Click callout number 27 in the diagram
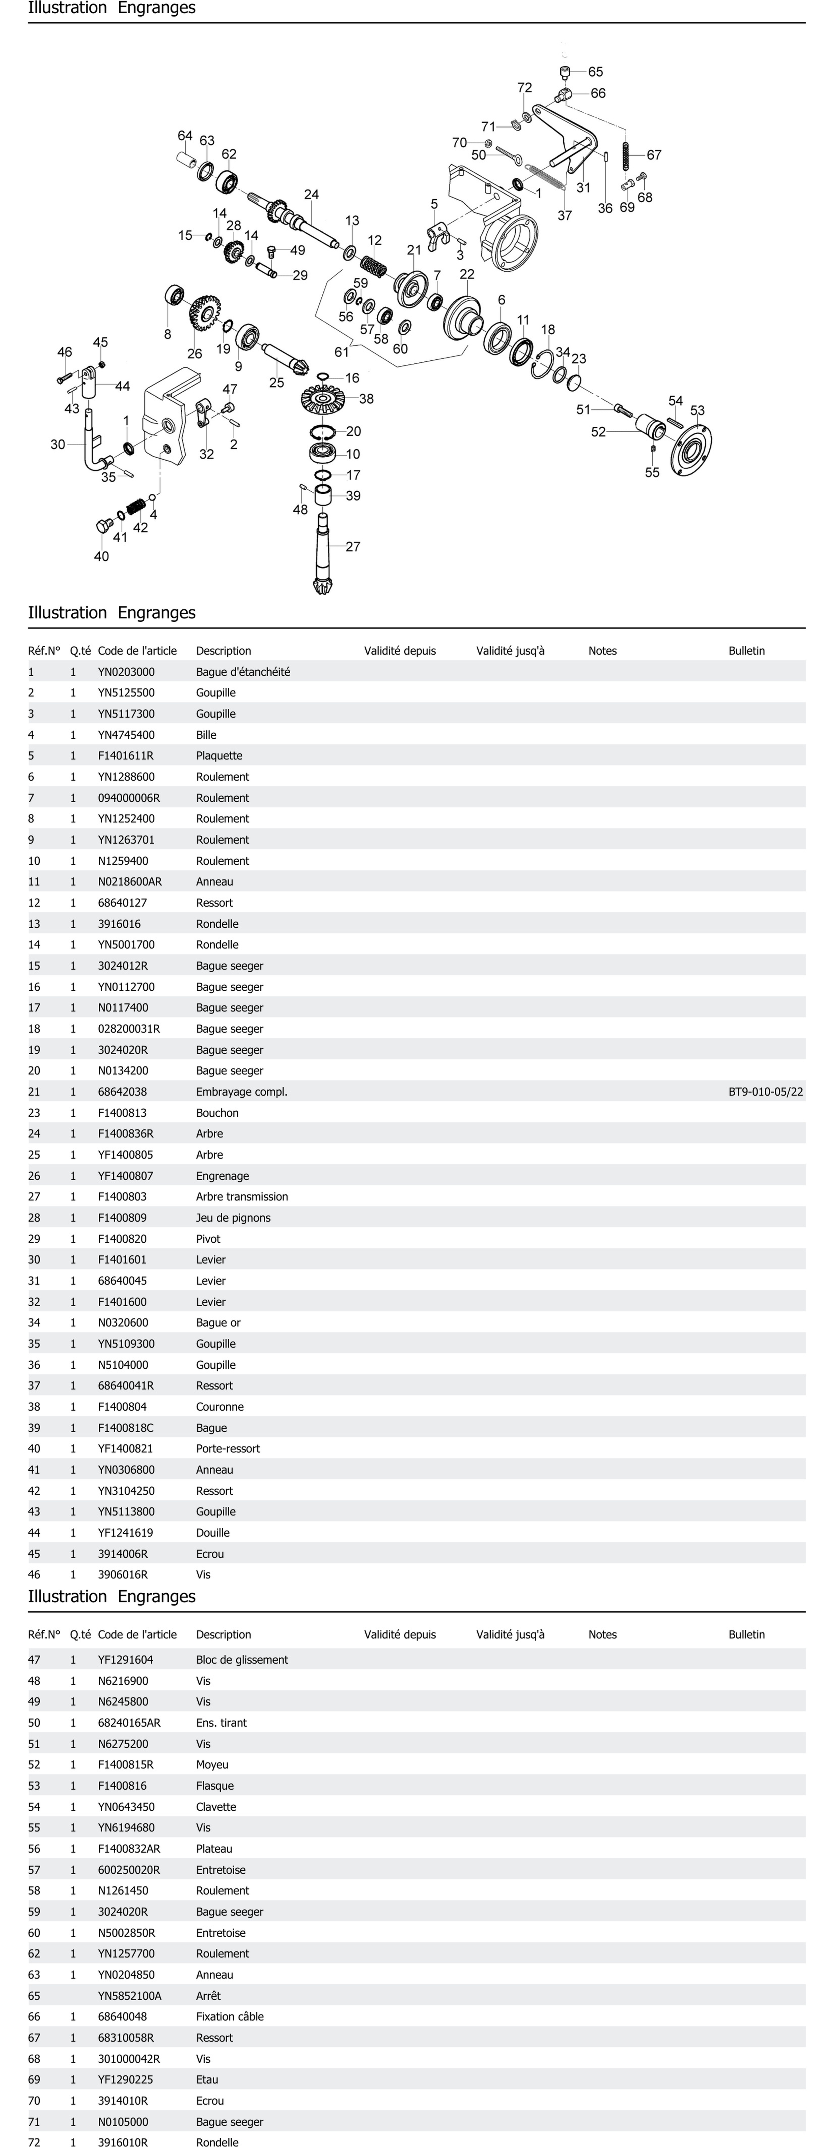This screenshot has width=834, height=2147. pyautogui.click(x=353, y=547)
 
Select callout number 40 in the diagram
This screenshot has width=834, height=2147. pyautogui.click(x=101, y=557)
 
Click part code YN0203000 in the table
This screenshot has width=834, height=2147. pyautogui.click(x=126, y=672)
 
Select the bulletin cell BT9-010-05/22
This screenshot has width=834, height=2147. pyautogui.click(x=765, y=1092)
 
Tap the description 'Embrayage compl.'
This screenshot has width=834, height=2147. pyautogui.click(x=241, y=1092)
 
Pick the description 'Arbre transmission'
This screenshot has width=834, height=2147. pyautogui.click(x=242, y=1197)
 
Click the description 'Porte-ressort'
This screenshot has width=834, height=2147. pyautogui.click(x=228, y=1448)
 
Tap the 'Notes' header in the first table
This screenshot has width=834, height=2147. pyautogui.click(x=602, y=651)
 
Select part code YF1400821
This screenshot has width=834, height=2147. pyautogui.click(x=125, y=1448)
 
